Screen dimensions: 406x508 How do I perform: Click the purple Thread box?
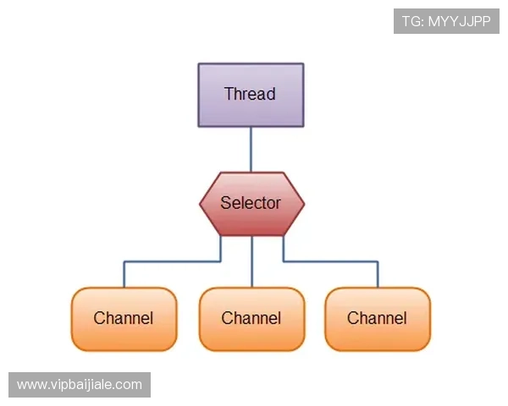click(x=251, y=95)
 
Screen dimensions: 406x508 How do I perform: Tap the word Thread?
click(x=250, y=94)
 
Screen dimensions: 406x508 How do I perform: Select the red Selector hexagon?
click(x=251, y=203)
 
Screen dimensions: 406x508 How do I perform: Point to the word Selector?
click(x=251, y=203)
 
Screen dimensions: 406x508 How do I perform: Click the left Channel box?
click(x=124, y=319)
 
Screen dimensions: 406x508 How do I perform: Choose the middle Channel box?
click(x=251, y=319)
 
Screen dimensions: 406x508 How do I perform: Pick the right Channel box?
click(x=378, y=319)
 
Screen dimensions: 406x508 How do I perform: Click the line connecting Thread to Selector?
click(x=251, y=149)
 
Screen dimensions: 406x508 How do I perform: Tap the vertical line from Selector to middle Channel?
click(x=251, y=262)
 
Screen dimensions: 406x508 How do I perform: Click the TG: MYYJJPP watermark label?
click(x=446, y=21)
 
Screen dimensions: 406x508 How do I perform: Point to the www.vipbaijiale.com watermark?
click(x=80, y=385)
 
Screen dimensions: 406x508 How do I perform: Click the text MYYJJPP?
click(x=459, y=21)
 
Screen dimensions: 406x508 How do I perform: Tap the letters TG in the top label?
click(x=411, y=21)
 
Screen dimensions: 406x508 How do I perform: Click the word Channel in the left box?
click(x=124, y=319)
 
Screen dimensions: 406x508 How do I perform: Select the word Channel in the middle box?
click(x=251, y=319)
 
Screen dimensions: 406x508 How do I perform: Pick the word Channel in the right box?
click(x=378, y=319)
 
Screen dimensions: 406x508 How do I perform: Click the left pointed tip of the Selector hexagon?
click(x=202, y=203)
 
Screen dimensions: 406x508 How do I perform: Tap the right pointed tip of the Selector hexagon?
click(x=302, y=203)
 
